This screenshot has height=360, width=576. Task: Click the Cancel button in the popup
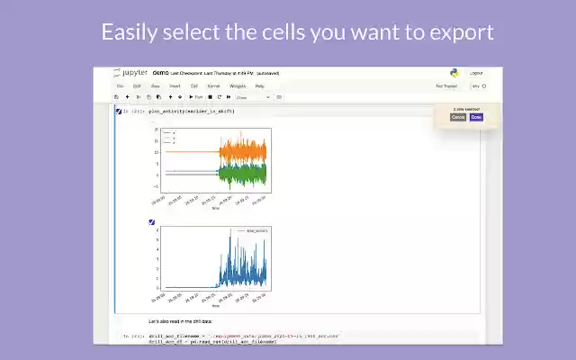click(458, 117)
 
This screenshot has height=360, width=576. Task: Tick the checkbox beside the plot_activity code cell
click(119, 111)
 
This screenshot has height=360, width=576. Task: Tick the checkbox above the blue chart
click(151, 222)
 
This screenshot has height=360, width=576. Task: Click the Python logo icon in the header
click(454, 72)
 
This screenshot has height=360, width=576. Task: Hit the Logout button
click(476, 73)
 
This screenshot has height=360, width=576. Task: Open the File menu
click(120, 85)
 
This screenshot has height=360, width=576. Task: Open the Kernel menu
click(213, 85)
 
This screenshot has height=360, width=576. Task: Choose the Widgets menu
click(237, 85)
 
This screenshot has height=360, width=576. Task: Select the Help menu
click(259, 85)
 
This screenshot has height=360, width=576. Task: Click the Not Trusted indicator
click(446, 86)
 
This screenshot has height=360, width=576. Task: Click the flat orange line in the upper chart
click(189, 151)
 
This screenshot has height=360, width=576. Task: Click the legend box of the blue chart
click(253, 231)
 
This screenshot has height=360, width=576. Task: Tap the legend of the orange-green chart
click(169, 137)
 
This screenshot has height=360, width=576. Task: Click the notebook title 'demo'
click(161, 72)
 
